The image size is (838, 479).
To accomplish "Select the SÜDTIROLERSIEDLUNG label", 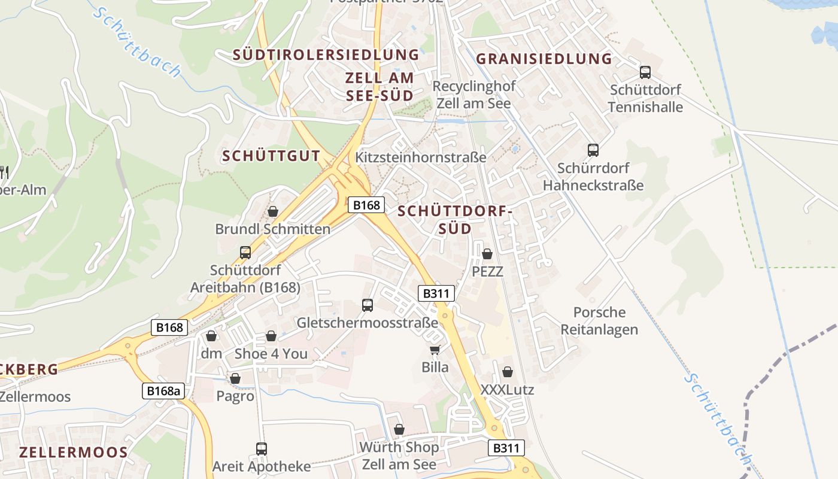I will coord(326,55).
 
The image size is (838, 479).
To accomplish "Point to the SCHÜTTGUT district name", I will coord(271,156).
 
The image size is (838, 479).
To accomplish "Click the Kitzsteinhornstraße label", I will coord(420,157).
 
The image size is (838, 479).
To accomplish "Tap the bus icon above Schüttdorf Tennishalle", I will coord(645,72).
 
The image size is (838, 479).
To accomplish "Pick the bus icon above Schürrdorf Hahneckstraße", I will coord(593,150).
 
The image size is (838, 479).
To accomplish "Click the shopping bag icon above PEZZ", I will coord(487,254).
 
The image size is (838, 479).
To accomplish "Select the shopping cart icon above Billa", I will coord(435,349).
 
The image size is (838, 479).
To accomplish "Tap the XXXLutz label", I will coord(507,390).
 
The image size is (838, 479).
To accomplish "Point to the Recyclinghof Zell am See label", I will coord(473,95).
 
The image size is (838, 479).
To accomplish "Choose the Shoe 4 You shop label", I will coord(271,354).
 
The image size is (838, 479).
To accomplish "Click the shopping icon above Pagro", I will coord(235,378).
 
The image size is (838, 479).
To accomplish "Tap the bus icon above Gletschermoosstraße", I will coord(368,305).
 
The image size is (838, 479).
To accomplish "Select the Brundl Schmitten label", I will coord(272,229).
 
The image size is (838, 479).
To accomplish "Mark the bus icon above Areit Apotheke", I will coord(262,448).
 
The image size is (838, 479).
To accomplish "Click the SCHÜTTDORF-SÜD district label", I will coord(455,220).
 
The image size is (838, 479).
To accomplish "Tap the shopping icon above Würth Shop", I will coord(399,429).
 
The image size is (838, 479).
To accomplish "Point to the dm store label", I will coord(211,353).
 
